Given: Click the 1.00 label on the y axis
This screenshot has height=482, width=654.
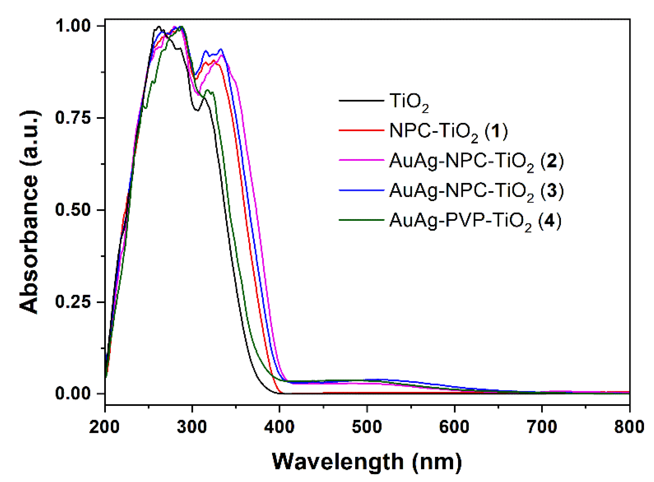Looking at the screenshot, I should point(73,26).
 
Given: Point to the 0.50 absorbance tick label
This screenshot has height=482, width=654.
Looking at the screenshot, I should point(73,210).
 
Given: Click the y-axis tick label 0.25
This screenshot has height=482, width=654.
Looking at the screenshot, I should point(73,302).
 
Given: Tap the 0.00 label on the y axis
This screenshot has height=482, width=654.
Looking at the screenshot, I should point(73,394).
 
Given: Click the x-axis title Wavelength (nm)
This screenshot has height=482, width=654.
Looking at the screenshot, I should point(367,462).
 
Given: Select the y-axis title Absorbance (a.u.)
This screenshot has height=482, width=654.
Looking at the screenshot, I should point(29,212).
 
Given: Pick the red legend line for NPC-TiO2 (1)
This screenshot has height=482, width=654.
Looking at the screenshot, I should point(361,130).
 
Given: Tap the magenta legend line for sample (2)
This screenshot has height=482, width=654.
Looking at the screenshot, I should point(361,160).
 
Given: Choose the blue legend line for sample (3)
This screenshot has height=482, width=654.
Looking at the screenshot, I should point(361,190).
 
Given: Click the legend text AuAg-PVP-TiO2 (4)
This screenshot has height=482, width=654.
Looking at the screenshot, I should point(475,221).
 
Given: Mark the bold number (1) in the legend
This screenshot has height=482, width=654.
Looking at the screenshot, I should point(496,131).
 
